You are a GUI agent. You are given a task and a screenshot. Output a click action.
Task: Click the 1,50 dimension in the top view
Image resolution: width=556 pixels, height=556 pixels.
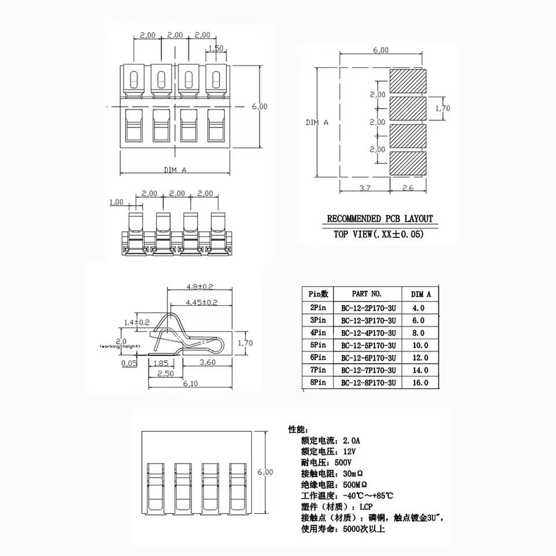[215, 49]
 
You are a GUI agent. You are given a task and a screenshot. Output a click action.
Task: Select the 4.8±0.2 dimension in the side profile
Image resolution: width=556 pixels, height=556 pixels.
[200, 287]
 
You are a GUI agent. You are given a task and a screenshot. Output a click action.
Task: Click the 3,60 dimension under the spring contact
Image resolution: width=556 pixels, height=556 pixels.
[207, 363]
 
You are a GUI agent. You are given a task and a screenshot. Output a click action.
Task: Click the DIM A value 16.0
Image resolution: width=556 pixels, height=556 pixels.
[420, 383]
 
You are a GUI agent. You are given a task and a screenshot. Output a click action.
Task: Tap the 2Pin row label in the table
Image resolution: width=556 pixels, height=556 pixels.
[318, 308]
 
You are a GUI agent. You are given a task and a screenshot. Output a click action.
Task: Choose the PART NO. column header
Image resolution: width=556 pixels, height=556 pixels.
[367, 294]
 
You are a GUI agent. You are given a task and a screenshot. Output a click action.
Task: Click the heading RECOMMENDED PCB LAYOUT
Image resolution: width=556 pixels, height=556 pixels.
[380, 219]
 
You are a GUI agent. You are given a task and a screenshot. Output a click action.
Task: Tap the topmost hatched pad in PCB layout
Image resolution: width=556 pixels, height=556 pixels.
[408, 80]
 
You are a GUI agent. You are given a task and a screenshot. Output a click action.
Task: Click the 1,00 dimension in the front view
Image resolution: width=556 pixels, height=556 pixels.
[116, 202]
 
